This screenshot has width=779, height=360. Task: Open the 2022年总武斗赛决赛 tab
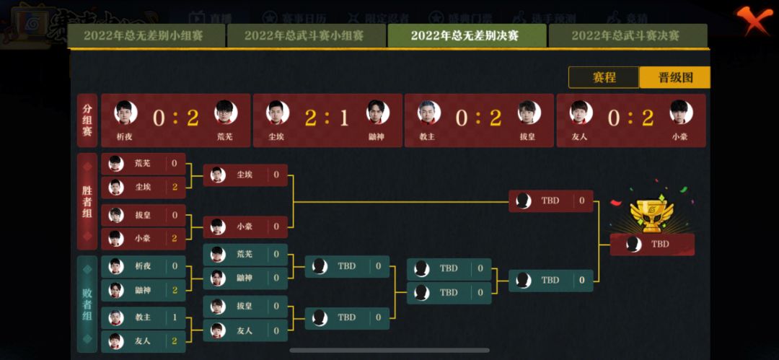[x=625, y=35]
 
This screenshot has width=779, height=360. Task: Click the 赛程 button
[x=604, y=77]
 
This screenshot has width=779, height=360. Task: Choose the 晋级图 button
[x=675, y=77]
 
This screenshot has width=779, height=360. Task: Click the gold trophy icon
[x=651, y=214]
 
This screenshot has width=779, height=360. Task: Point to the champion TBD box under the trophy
[x=652, y=244]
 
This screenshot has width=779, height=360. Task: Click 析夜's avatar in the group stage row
[x=126, y=112]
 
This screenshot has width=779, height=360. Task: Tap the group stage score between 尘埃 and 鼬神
[x=327, y=118]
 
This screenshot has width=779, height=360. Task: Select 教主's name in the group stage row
[x=427, y=135]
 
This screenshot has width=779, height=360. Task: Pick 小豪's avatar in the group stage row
[x=680, y=112]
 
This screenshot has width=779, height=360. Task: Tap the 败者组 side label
[x=87, y=304]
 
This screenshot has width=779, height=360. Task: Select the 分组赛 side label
[x=87, y=120]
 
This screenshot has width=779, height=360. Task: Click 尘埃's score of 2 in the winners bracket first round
[x=175, y=188]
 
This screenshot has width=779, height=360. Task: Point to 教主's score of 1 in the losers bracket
[x=175, y=317]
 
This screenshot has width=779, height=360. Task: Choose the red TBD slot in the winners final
[x=551, y=201]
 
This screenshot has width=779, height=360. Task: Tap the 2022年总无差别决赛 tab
[x=465, y=35]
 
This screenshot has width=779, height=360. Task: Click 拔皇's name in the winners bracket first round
[x=143, y=215]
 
